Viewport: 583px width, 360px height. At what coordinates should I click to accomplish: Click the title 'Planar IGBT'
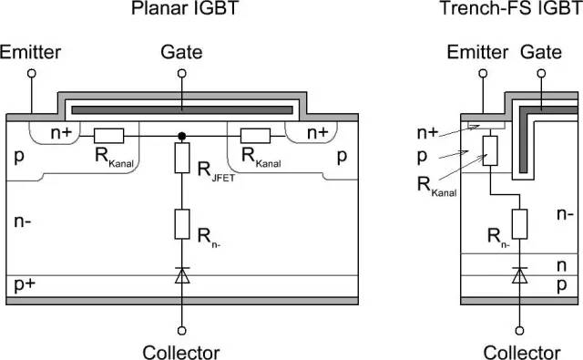point(182,10)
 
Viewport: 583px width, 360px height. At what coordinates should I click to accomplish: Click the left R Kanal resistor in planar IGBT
point(107,136)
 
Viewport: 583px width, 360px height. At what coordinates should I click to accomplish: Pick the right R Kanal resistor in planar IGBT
point(255,136)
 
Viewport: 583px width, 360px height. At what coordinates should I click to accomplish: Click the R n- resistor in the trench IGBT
point(519,222)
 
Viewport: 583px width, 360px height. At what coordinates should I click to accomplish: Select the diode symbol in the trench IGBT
point(519,273)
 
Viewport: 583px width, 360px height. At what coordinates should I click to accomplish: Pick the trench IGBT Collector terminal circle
point(519,330)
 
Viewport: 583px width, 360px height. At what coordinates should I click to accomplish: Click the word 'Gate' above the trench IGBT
point(541,53)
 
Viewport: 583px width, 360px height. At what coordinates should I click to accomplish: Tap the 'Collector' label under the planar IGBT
point(182,352)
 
